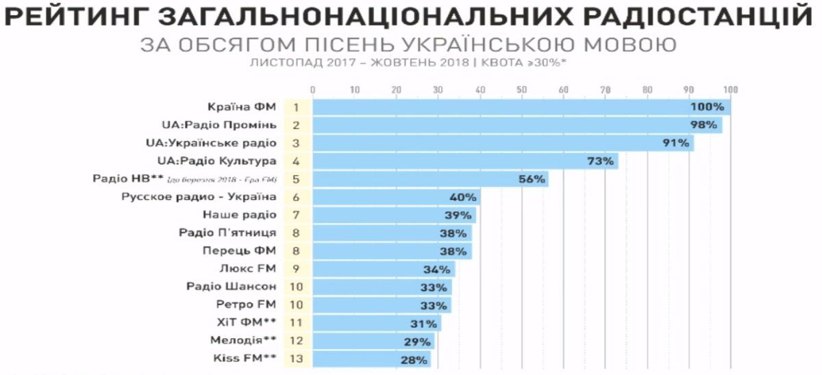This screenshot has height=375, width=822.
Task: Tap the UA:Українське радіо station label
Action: (x=211, y=143)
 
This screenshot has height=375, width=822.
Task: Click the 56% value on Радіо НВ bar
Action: (x=531, y=179)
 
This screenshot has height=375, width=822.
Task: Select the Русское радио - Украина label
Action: (x=199, y=197)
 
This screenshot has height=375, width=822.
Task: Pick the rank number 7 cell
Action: (x=297, y=215)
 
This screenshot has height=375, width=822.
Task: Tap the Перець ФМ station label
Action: (x=240, y=250)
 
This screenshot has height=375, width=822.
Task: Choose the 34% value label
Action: (x=438, y=269)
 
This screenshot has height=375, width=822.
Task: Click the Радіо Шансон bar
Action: (x=382, y=287)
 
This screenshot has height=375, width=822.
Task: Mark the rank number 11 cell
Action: (x=297, y=322)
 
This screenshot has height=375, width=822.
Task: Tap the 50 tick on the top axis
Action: (x=522, y=89)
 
